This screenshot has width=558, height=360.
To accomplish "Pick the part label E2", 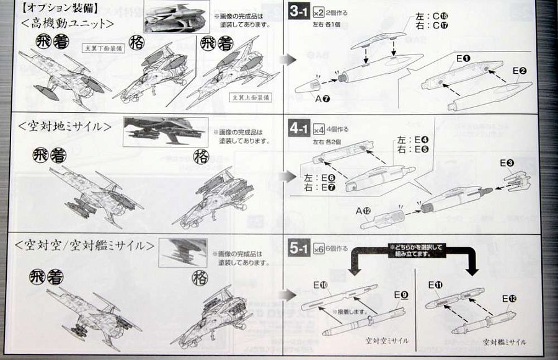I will click(520, 71).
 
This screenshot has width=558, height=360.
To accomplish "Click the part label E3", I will click(507, 162).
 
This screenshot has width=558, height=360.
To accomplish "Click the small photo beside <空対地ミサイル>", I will click(166, 132).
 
